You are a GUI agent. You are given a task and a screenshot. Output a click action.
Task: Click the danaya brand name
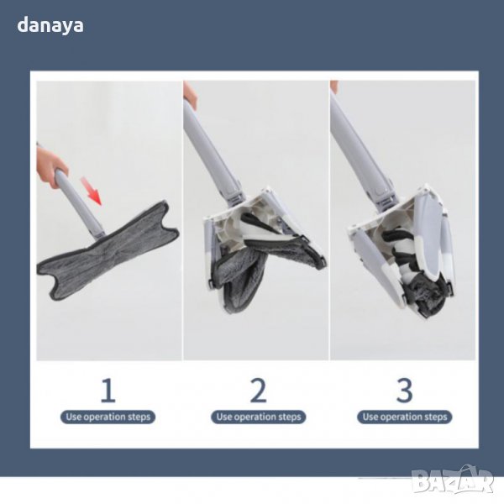50,25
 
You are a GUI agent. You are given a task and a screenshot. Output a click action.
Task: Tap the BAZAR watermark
453,480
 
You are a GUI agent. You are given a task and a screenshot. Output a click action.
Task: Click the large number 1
108,390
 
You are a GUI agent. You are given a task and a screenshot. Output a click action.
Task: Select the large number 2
259,390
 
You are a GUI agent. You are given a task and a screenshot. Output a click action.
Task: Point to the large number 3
404,390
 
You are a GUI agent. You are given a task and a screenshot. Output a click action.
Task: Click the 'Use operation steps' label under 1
108,417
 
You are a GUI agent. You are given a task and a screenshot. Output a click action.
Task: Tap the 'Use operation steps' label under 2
259,417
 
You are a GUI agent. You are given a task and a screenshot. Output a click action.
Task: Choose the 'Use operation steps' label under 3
405,417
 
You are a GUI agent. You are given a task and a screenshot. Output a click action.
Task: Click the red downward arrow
92,191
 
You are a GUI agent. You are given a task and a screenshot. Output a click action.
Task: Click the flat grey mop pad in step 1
108,250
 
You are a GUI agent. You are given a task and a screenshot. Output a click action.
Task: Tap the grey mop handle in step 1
80,204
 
